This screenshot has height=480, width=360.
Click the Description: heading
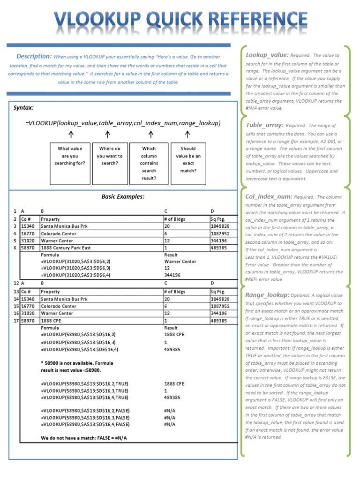(x=34, y=56)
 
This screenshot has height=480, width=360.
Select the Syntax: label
(x=23, y=107)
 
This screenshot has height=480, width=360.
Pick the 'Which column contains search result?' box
(x=149, y=164)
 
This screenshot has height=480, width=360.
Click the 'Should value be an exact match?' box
(x=188, y=160)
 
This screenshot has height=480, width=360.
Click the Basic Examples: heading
(x=123, y=196)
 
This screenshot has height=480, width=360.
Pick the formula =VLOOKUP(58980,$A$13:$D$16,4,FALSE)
(x=85, y=424)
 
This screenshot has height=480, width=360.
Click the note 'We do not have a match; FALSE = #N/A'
(x=84, y=438)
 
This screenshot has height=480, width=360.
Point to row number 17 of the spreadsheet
(x=16, y=321)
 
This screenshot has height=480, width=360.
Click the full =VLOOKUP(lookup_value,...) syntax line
(x=123, y=123)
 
